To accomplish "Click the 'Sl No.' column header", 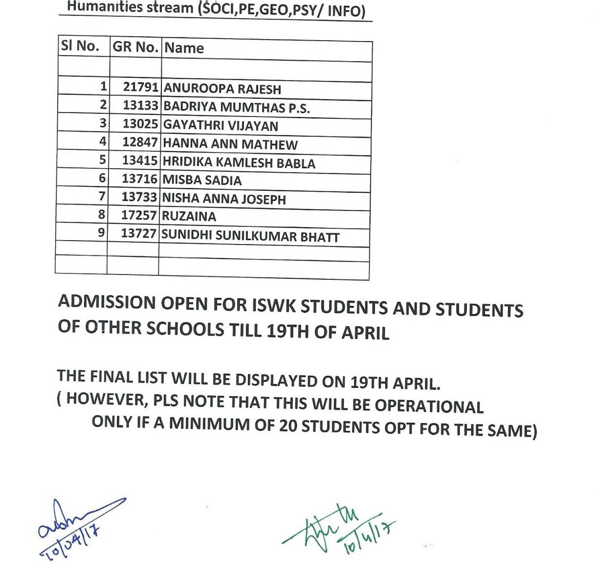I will [80, 46].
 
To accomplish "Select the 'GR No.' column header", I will [135, 47].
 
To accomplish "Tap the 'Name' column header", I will [184, 48].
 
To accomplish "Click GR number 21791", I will [140, 88].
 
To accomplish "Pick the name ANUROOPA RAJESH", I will [222, 89].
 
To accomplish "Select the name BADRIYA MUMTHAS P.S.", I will [236, 107].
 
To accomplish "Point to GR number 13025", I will [140, 124].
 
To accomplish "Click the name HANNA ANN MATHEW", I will [230, 144].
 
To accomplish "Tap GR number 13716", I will [139, 179].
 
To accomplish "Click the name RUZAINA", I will [189, 216].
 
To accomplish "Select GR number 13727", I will [138, 234].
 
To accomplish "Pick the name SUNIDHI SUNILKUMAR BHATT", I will [250, 236].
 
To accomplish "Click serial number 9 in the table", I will [101, 232].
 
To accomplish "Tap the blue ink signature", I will [73, 526].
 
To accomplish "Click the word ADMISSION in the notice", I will [107, 302].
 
